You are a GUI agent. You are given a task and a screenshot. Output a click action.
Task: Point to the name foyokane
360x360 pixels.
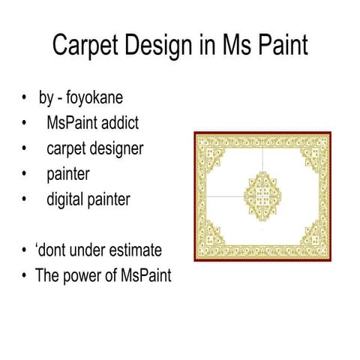click(x=100, y=98)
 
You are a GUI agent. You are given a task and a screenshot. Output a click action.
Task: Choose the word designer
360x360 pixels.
click(x=117, y=148)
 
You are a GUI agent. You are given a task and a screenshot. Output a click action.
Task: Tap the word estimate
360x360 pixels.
click(x=134, y=250)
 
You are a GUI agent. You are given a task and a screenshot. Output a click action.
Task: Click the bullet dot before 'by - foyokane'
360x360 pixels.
click(x=25, y=98)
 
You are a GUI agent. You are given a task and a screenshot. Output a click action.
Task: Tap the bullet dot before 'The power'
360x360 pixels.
click(x=25, y=275)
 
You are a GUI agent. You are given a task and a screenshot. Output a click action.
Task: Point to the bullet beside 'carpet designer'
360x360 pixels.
click(x=25, y=148)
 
